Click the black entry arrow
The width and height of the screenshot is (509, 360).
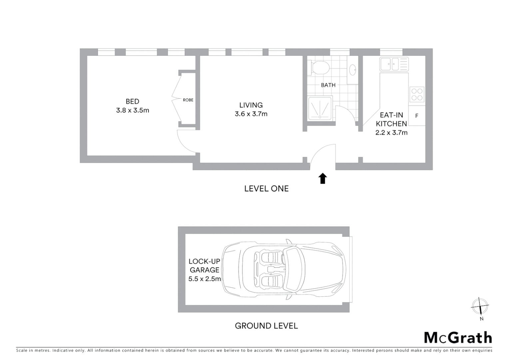[x=322, y=178]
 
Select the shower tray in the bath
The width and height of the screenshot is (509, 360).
[x=320, y=108]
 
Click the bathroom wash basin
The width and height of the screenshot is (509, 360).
[x=352, y=70]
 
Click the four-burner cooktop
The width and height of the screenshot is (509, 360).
[x=417, y=94]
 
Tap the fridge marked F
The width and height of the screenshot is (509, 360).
[x=417, y=116]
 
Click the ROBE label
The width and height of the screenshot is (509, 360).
[x=188, y=100]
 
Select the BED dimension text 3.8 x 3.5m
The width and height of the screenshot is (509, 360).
[x=133, y=110]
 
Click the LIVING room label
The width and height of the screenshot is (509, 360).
[x=251, y=105]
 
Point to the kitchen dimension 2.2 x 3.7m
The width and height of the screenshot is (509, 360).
[x=391, y=133]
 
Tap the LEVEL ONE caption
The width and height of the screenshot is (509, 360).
[x=266, y=189]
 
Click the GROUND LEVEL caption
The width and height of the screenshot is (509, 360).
[x=266, y=326]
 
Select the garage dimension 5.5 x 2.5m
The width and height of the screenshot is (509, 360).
[x=205, y=279]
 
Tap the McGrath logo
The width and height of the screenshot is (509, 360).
[x=458, y=338]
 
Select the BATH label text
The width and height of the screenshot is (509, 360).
[x=328, y=85]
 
